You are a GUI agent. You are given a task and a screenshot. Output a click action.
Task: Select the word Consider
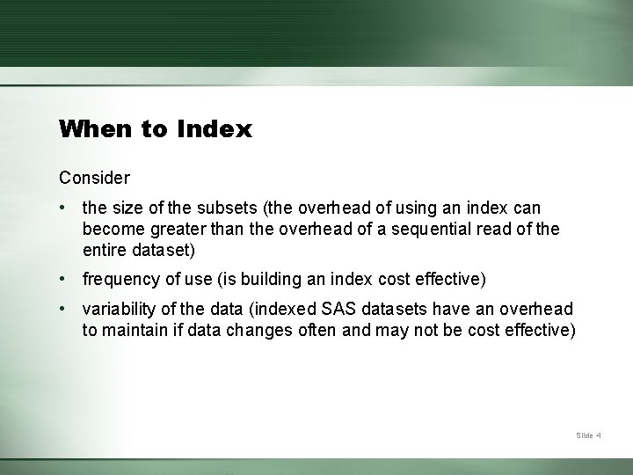[x=94, y=178]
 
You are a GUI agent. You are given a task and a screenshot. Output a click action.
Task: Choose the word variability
[x=118, y=309]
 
